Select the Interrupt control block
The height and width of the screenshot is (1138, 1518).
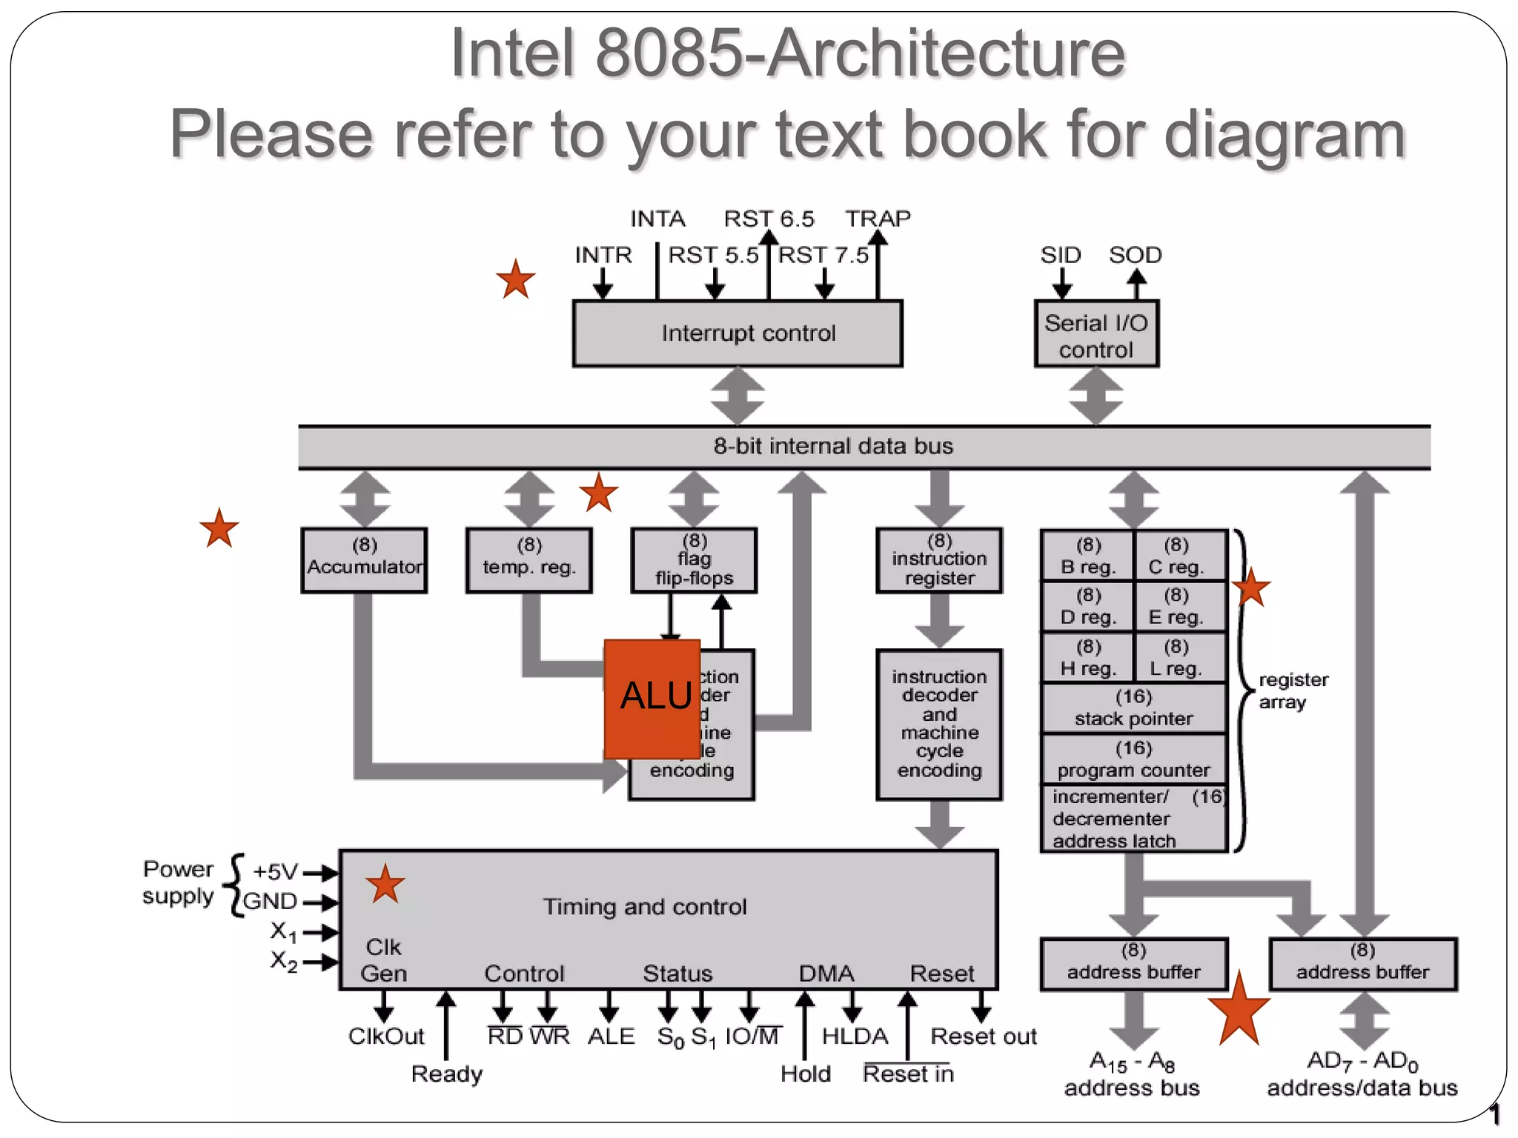point(738,333)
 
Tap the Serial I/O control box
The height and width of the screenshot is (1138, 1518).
point(1096,336)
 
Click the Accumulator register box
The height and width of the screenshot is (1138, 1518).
point(364,561)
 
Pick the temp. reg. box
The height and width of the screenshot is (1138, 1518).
point(528,561)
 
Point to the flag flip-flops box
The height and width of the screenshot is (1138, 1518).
point(694,561)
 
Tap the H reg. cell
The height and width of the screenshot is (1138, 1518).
point(1087,658)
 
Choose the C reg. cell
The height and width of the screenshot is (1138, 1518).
point(1176,556)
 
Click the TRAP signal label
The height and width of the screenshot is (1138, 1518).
point(878,219)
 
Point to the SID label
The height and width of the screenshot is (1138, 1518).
point(1060,256)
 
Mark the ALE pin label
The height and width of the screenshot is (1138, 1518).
point(611,1036)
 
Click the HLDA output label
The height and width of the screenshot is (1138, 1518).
point(855,1036)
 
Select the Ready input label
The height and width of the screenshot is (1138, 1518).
point(447,1074)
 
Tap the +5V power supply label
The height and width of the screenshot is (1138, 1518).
point(275,872)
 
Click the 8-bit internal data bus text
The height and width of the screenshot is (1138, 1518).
point(833,447)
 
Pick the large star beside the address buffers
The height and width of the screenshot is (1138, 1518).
point(1239,1010)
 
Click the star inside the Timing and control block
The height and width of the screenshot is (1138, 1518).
point(385,884)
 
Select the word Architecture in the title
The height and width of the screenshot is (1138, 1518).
point(946,53)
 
